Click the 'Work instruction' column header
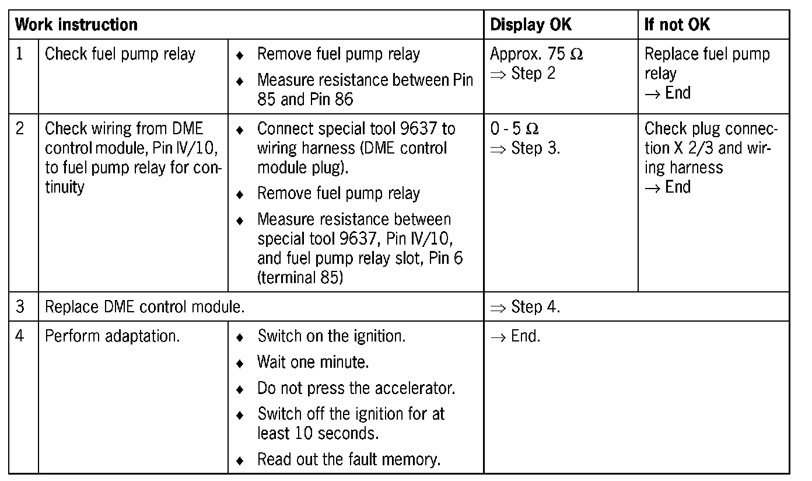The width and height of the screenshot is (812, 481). click(x=76, y=25)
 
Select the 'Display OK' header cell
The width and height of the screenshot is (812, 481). click(x=530, y=25)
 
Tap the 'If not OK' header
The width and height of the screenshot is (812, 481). click(x=677, y=25)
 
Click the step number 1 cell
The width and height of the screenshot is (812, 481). click(x=20, y=54)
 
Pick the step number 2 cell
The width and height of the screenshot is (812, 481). click(x=20, y=128)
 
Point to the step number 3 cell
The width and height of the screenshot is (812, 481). click(x=20, y=307)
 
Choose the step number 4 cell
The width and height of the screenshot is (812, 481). click(x=20, y=337)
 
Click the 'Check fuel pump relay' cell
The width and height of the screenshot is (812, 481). click(x=120, y=54)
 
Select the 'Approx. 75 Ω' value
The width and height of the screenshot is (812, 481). click(x=536, y=54)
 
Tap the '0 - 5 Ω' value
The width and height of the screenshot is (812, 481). click(x=514, y=128)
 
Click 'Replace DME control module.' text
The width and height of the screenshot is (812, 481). click(x=145, y=307)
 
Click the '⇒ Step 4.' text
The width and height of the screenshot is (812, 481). click(x=525, y=307)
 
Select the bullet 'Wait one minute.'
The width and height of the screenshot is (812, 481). click(x=313, y=363)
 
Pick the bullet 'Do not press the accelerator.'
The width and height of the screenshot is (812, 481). click(x=356, y=388)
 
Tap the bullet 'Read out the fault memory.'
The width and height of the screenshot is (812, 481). click(x=348, y=460)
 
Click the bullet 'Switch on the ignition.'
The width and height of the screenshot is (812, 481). click(x=331, y=337)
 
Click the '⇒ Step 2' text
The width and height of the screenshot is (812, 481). click(x=523, y=74)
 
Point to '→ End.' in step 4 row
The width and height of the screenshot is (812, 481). click(x=515, y=337)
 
